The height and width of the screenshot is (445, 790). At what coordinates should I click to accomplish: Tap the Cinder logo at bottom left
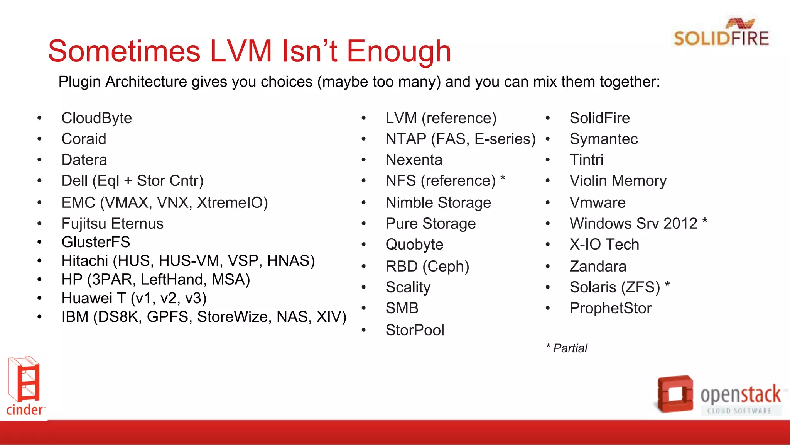tap(25, 386)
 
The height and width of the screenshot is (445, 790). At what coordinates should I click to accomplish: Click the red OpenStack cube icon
tap(675, 394)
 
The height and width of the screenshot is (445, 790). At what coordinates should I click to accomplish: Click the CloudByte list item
tap(96, 118)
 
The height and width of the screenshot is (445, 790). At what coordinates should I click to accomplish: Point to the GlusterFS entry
tap(96, 242)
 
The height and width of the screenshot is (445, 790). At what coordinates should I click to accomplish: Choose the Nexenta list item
tap(414, 160)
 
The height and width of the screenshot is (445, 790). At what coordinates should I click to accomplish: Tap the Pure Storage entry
tap(430, 224)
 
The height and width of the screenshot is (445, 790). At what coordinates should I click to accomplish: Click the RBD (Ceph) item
tap(427, 267)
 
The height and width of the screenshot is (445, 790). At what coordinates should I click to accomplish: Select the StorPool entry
tap(415, 330)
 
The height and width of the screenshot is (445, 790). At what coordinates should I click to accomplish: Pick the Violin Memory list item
tap(618, 181)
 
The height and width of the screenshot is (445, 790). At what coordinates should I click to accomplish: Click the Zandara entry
tap(598, 267)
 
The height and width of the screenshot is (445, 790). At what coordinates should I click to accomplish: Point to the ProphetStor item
tap(610, 308)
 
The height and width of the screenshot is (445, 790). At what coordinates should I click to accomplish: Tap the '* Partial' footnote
tap(567, 348)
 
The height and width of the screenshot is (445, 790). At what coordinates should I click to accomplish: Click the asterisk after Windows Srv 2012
tap(705, 221)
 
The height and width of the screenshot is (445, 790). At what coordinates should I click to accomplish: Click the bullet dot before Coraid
tap(39, 139)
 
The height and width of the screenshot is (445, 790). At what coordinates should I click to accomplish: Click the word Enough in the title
tap(399, 51)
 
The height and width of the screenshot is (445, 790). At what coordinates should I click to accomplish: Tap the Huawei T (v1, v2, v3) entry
tap(134, 298)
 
